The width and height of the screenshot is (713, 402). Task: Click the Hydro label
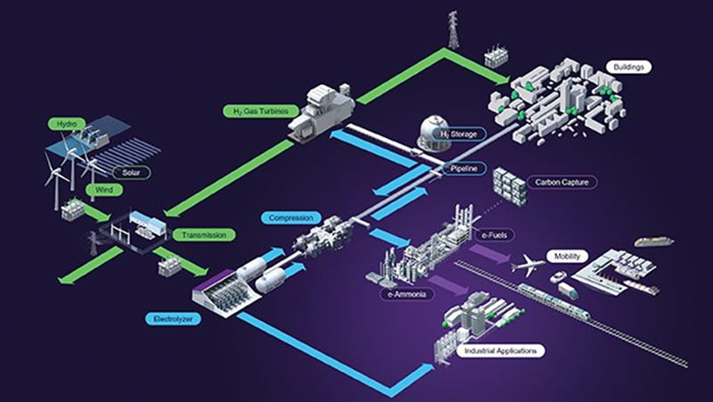tap(67, 124)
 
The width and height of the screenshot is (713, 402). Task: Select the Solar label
tap(130, 173)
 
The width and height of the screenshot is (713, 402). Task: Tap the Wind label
tap(104, 190)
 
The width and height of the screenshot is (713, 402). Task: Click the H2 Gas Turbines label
tap(261, 111)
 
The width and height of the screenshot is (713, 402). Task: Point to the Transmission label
tap(204, 235)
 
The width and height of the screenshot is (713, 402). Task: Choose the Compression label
tap(291, 217)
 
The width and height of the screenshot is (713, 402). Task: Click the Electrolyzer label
tap(173, 319)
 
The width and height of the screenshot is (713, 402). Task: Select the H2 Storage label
tap(458, 135)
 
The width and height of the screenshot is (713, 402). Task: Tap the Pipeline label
tap(463, 168)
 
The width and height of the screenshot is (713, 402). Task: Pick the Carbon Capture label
tap(561, 183)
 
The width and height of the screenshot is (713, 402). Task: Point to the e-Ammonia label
tap(406, 294)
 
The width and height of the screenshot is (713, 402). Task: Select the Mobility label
tap(567, 257)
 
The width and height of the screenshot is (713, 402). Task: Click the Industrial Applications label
tap(500, 350)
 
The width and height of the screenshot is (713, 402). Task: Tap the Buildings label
tap(629, 68)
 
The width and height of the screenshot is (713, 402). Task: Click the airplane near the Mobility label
tap(528, 265)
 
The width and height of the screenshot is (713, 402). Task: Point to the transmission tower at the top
tap(453, 29)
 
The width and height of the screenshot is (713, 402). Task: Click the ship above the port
tap(654, 241)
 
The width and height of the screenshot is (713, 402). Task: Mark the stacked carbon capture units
tap(509, 186)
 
